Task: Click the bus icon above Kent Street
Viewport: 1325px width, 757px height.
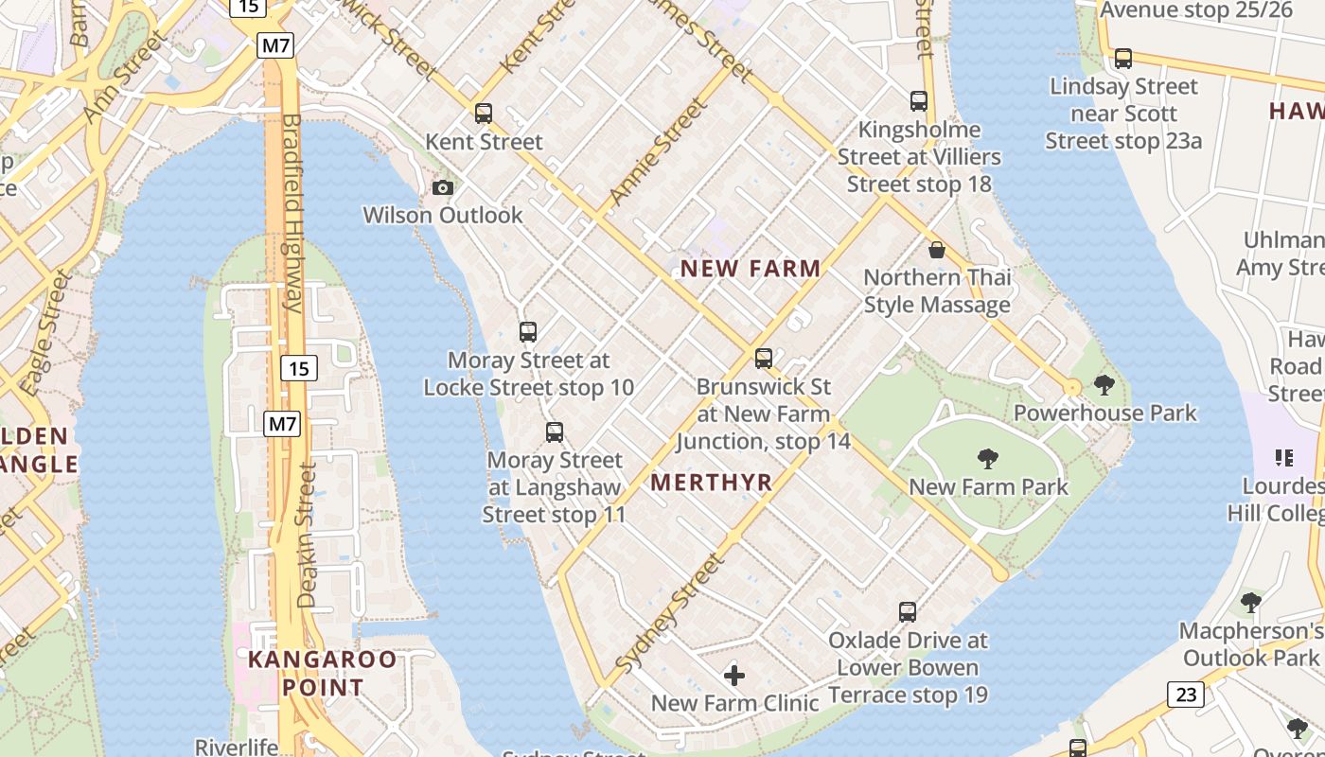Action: pyautogui.click(x=484, y=114)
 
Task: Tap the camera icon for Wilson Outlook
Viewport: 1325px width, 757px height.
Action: pyautogui.click(x=442, y=187)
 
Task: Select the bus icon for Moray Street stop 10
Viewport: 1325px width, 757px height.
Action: pyautogui.click(x=528, y=332)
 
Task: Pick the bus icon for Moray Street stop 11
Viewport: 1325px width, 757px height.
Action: pyautogui.click(x=555, y=432)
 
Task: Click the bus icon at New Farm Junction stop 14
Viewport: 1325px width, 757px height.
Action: pyautogui.click(x=764, y=359)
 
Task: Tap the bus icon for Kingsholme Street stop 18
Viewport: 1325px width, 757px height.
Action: pyautogui.click(x=918, y=101)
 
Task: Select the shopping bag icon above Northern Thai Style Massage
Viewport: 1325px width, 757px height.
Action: pyautogui.click(x=937, y=250)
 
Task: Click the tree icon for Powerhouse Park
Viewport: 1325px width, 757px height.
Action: pyautogui.click(x=1104, y=385)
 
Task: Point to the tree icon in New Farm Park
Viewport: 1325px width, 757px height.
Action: pyautogui.click(x=988, y=459)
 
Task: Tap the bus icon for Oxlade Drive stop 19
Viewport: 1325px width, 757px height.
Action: pyautogui.click(x=908, y=612)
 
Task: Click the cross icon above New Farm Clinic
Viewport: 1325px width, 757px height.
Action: pyautogui.click(x=734, y=676)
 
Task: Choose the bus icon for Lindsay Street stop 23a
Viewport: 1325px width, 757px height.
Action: pyautogui.click(x=1123, y=59)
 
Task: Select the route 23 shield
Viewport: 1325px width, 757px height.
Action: pyautogui.click(x=1185, y=695)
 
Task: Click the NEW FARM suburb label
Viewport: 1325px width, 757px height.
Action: pyautogui.click(x=751, y=269)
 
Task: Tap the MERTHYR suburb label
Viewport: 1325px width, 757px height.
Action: pyautogui.click(x=712, y=483)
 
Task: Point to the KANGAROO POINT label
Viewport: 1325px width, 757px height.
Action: pyautogui.click(x=322, y=673)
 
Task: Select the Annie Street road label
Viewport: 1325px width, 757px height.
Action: pyautogui.click(x=659, y=151)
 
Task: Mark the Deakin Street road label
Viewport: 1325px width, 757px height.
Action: pyautogui.click(x=307, y=535)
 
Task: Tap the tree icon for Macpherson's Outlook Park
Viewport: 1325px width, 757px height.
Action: pyautogui.click(x=1251, y=603)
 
